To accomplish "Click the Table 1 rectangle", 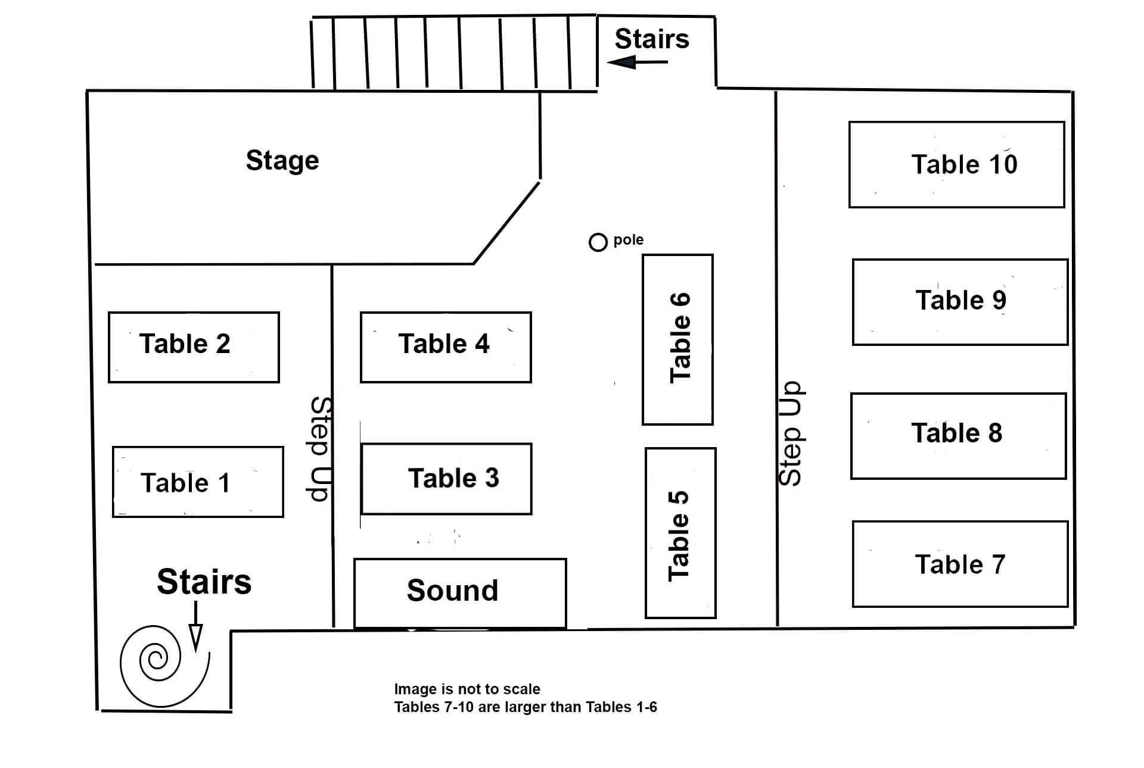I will point(198,482).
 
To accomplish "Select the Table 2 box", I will point(194,346).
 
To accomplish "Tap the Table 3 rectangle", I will point(446,479).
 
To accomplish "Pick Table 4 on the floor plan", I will point(446,346).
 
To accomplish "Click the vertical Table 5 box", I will point(680,533).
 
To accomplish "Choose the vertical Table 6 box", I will point(677,339).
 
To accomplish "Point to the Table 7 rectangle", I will point(960,564).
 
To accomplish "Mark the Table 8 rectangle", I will point(958,435).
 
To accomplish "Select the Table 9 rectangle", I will point(960,302).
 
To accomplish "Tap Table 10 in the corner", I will point(956,164).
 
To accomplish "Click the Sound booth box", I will point(460,592).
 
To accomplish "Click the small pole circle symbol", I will point(598,242).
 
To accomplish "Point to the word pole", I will point(628,239).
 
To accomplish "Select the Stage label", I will point(282,160).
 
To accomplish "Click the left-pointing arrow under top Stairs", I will point(636,62).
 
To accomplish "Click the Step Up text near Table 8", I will point(791,433).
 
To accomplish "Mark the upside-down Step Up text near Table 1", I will point(320,449).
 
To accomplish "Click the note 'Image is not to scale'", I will point(467,689).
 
